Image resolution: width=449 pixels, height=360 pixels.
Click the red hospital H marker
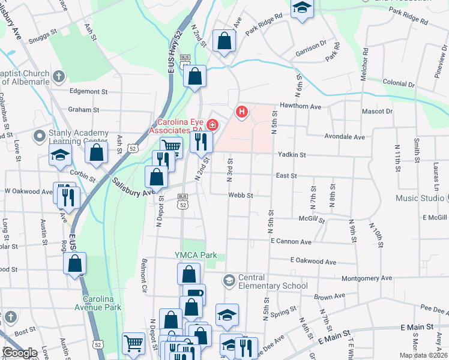pos(242,111)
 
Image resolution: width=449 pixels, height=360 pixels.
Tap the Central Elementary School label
pos(265,281)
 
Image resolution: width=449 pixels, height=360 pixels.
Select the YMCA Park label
pos(196,255)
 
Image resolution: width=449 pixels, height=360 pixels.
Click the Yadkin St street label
pos(292,155)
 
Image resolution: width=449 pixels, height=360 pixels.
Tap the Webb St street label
pos(241,195)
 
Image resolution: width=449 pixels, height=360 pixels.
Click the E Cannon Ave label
pos(291,241)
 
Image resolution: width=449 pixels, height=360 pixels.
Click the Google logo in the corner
pos(19,353)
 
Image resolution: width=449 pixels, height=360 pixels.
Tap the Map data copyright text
pos(423,355)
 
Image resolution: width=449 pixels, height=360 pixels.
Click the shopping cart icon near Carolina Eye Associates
pos(172,146)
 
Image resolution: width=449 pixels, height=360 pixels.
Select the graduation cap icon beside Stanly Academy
pos(60,155)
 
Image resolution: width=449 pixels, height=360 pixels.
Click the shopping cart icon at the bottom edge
pos(133,344)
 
